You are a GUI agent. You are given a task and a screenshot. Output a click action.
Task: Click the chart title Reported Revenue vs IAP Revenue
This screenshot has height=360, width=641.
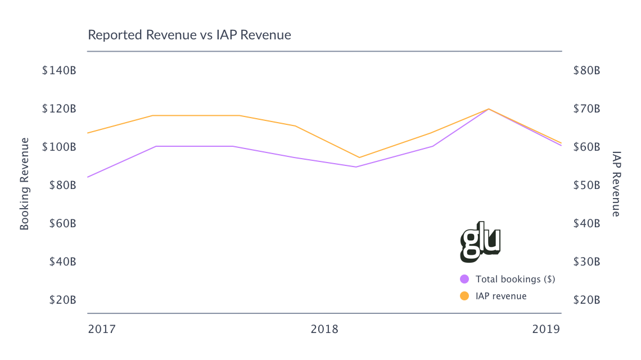[x=189, y=35]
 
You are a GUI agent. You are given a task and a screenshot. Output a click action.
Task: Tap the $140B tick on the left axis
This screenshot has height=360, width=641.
[x=59, y=71]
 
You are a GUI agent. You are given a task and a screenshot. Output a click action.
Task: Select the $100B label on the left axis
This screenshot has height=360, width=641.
[x=59, y=147]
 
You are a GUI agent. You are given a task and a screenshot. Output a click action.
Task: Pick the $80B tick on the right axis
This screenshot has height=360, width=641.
[x=586, y=71]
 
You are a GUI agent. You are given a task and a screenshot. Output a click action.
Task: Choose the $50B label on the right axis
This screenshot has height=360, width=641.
[x=586, y=185]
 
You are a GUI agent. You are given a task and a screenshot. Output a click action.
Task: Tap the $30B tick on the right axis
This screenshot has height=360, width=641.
[x=586, y=262]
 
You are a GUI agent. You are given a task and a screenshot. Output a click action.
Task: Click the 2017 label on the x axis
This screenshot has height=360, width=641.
[x=102, y=329]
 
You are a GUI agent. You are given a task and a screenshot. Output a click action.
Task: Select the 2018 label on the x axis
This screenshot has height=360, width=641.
[x=324, y=329]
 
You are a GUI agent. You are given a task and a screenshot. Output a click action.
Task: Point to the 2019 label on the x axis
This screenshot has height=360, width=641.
[x=546, y=329]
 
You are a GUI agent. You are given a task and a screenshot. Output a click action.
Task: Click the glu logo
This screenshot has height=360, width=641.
[x=480, y=242]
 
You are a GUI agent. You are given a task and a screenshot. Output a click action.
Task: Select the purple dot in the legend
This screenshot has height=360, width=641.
[x=464, y=279]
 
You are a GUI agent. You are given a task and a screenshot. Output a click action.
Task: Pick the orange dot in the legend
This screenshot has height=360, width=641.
[x=464, y=296]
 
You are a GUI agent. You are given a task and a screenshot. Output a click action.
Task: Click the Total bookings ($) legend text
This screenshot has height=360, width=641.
[x=515, y=279]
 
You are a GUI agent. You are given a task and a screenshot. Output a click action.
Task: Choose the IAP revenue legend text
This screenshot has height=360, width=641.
[x=501, y=296]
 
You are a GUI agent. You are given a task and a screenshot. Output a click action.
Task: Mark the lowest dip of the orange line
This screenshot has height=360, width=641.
[x=359, y=157]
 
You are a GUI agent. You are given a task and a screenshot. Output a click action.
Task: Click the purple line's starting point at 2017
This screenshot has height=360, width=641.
[x=88, y=177]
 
